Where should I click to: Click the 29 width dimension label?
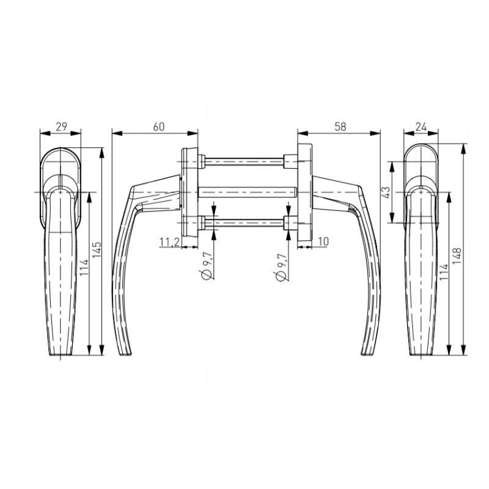(x=62, y=127)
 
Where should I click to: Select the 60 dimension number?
(x=158, y=127)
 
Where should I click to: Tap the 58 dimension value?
(x=340, y=127)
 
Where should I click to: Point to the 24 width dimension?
(x=421, y=127)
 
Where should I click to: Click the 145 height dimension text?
(x=97, y=250)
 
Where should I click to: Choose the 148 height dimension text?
(x=457, y=256)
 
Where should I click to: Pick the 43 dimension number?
(x=386, y=193)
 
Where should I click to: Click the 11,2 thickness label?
(x=170, y=242)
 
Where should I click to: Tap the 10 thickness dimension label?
(x=323, y=241)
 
